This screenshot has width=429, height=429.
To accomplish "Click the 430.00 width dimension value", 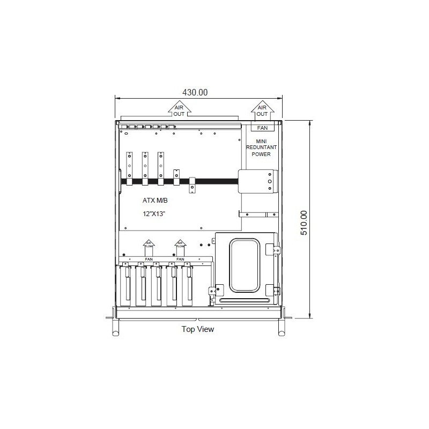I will click(x=195, y=92).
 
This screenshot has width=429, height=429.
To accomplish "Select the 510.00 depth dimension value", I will click(x=304, y=219).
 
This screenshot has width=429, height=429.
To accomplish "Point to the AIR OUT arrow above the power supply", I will click(x=262, y=109).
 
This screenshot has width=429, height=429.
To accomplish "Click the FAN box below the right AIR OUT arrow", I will click(x=263, y=128).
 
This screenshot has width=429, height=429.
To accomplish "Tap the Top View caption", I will click(x=197, y=329).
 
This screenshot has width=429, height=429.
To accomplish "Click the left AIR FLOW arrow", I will click(x=149, y=248).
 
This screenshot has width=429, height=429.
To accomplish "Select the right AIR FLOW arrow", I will click(x=180, y=248).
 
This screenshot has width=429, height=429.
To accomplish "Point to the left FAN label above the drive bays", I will click(x=149, y=259).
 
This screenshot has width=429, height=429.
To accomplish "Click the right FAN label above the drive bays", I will click(x=180, y=259).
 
